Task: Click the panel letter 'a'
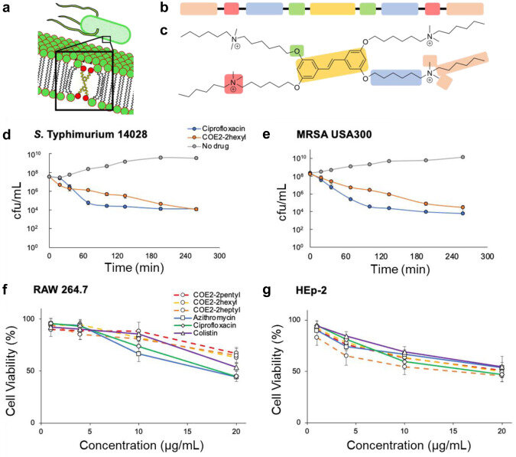point(7,8)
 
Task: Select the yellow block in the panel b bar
point(332,10)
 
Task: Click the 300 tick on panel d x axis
point(218,256)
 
